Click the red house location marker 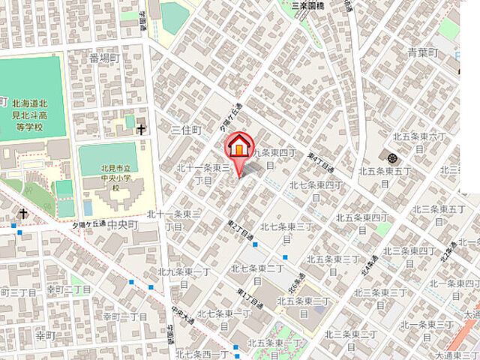pyautogui.click(x=239, y=147)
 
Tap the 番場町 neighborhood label pyautogui.click(x=104, y=58)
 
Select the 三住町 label pyautogui.click(x=186, y=130)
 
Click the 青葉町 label pyautogui.click(x=422, y=52)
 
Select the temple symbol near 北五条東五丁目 pyautogui.click(x=392, y=157)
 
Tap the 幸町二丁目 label pyautogui.click(x=68, y=289)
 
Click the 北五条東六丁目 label pyautogui.click(x=421, y=142)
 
